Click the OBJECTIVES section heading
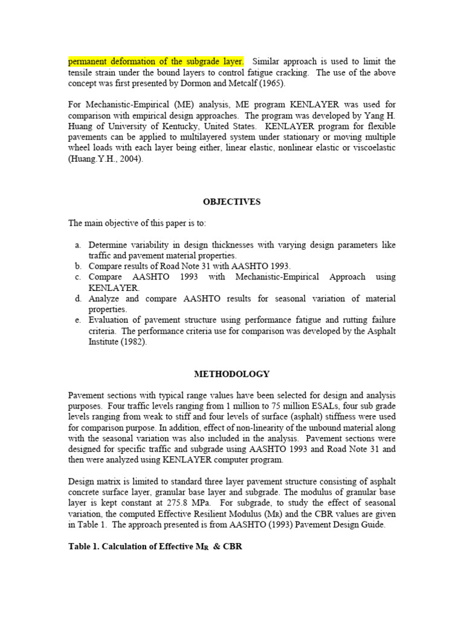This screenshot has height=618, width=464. click(232, 202)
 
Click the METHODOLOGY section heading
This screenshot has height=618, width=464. click(232, 374)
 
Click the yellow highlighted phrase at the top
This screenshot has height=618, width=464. click(156, 62)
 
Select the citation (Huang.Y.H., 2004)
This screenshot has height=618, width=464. click(106, 159)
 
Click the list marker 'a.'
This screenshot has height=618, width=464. click(79, 245)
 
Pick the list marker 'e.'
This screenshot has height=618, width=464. click(79, 320)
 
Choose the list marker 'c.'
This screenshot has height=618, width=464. click(79, 277)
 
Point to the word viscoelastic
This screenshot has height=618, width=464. click(373, 148)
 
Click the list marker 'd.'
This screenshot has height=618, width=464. click(79, 299)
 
